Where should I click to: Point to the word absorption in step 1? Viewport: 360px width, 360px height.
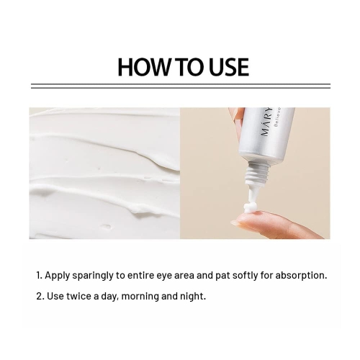(x=301, y=276)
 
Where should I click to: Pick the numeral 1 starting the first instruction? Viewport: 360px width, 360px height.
(x=39, y=275)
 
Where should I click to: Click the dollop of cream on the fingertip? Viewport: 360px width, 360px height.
(x=251, y=207)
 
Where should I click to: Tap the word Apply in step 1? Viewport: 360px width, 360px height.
(x=57, y=276)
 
